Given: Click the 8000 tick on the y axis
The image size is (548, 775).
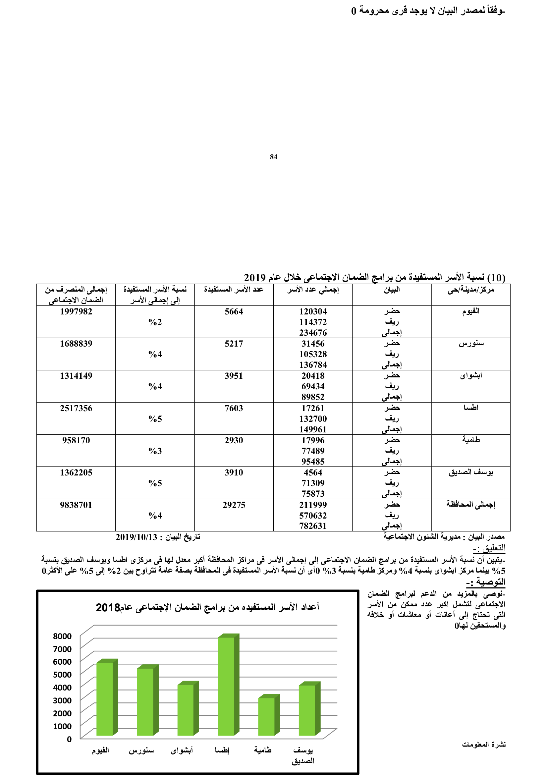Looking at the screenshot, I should (x=62, y=636).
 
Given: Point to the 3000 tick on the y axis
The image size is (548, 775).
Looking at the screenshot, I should (x=62, y=700).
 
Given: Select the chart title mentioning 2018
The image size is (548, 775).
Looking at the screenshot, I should (x=207, y=607).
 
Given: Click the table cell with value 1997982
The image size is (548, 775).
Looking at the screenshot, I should (x=76, y=311).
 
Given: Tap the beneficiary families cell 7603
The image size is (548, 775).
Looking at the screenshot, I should (x=234, y=408).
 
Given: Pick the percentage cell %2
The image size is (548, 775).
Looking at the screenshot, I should (x=155, y=322).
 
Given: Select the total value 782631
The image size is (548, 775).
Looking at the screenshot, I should (x=313, y=526).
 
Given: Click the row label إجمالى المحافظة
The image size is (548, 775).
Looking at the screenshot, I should (x=471, y=505).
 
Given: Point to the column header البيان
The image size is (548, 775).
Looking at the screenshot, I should (x=392, y=290).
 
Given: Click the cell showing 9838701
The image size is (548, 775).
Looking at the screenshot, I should (x=76, y=505).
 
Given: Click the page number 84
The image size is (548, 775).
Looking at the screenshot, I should (x=273, y=157).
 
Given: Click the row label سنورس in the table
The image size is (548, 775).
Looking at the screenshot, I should (x=471, y=344).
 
